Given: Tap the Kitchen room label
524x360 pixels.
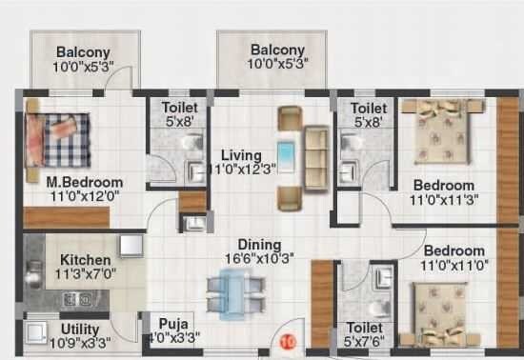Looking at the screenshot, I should click(x=85, y=259).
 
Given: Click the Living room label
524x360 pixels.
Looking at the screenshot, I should click(x=242, y=154).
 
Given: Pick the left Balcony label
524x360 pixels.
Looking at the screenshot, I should click(x=82, y=51).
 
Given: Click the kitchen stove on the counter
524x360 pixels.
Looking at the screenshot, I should click(x=74, y=299).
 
